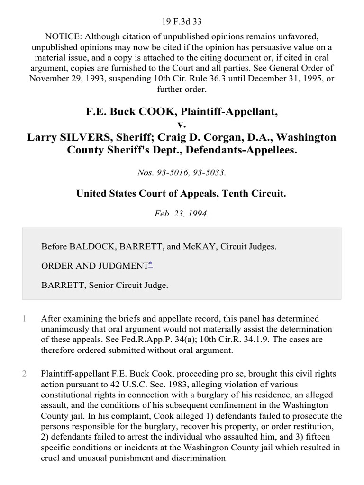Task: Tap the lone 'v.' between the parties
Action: [182, 125]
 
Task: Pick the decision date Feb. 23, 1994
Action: [182, 213]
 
